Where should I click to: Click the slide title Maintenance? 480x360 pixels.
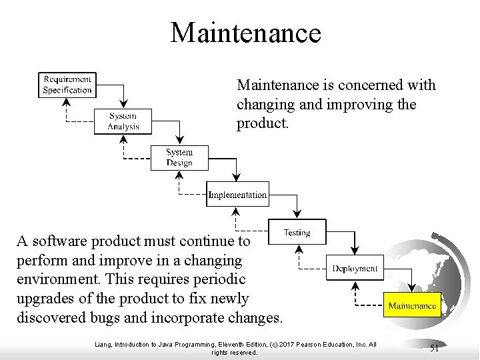pos(245,33)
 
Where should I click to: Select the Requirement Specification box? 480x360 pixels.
pos(67,85)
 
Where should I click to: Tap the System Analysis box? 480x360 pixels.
pos(123,121)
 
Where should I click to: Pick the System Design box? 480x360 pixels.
pos(179,157)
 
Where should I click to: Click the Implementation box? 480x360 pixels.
pos(237,195)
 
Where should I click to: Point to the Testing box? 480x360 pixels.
pos(297,233)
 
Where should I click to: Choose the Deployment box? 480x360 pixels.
pos(355,269)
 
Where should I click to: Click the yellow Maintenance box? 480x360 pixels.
pos(412,306)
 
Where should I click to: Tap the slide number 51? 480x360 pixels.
pos(434,348)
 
